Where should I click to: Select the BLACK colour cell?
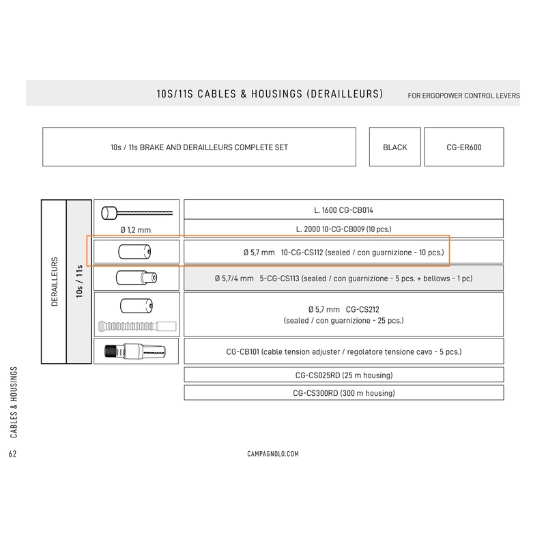tap(395, 147)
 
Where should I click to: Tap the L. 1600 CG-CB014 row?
tap(343, 210)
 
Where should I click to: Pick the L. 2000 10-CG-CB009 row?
tap(343, 229)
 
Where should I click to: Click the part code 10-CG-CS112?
tap(302, 253)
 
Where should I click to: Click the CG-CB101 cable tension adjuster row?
tap(343, 352)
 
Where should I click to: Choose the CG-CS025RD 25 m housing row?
tap(343, 375)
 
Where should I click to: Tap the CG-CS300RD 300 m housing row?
tap(343, 393)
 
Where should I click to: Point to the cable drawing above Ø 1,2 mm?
tap(136, 212)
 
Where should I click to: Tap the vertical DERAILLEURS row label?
tap(53, 282)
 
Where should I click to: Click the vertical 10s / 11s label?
tap(79, 282)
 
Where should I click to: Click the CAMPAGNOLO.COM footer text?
tap(272, 453)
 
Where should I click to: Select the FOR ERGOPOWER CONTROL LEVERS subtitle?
tap(463, 96)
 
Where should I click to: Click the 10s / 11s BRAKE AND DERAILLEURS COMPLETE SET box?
tap(199, 147)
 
